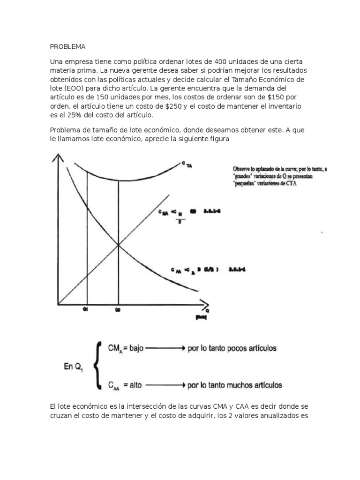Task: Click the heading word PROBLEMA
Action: pyautogui.click(x=67, y=47)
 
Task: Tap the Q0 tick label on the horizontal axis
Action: pyautogui.click(x=118, y=309)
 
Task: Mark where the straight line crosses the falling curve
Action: pyautogui.click(x=118, y=244)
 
